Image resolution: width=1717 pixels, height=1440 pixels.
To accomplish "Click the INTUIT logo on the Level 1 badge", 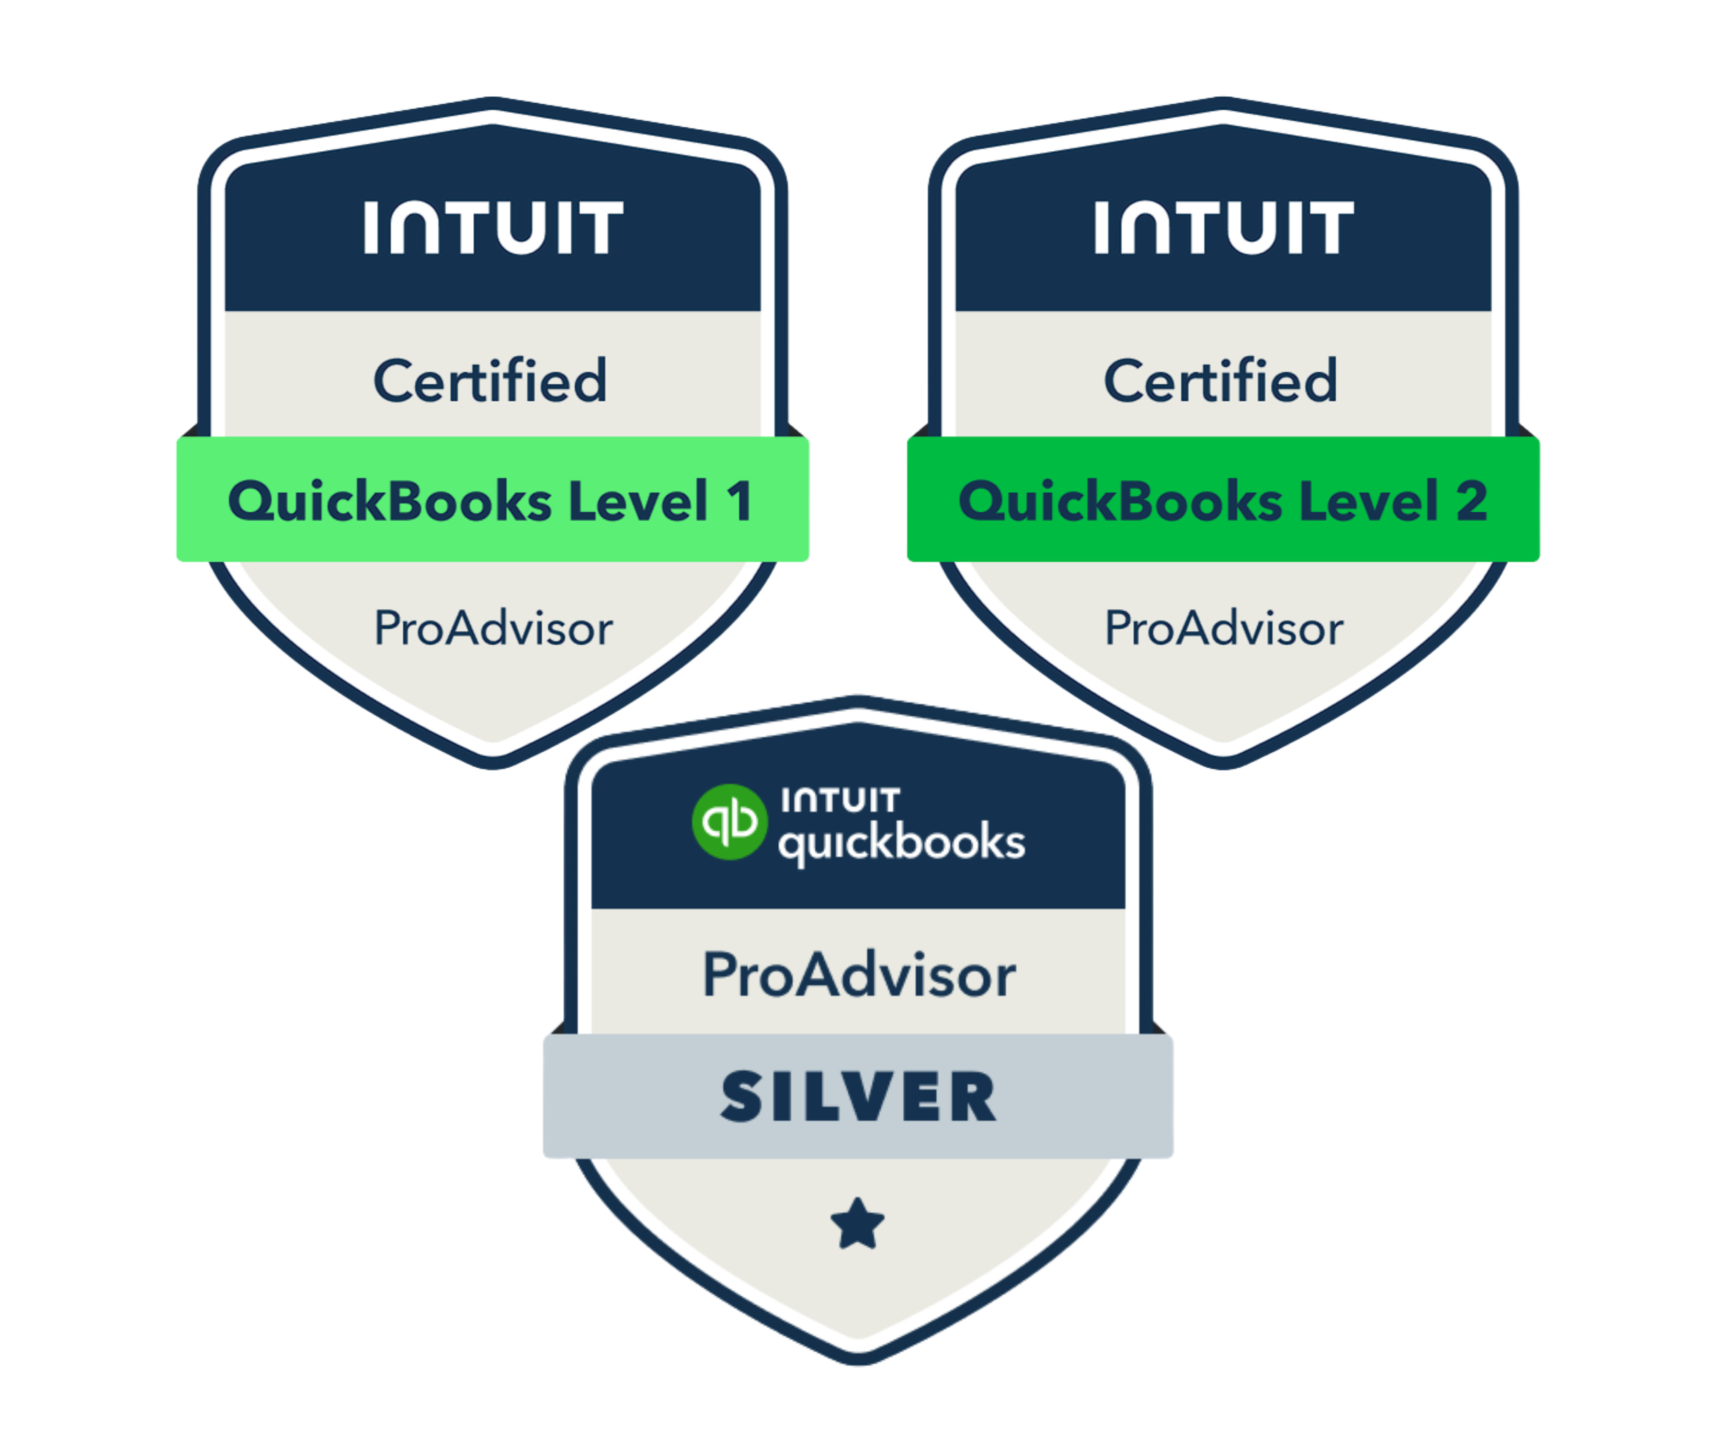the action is (493, 227).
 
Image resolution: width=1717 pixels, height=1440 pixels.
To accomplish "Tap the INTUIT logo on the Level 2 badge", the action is (1224, 227).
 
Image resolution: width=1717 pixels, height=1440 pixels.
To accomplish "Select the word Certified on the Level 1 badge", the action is (490, 381).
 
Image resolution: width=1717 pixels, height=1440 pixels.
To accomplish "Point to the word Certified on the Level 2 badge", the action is (1220, 381).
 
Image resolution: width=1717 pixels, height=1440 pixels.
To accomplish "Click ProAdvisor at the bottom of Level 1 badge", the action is (493, 628).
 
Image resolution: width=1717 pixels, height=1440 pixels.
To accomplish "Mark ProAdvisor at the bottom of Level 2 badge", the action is (1224, 628).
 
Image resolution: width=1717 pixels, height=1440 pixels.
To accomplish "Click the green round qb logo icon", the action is (729, 822).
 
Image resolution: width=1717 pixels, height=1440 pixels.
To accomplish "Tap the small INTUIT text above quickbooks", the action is (841, 800).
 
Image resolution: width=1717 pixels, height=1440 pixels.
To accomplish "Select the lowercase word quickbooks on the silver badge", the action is (901, 842).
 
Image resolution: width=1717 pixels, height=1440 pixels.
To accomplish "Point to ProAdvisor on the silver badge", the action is (858, 975).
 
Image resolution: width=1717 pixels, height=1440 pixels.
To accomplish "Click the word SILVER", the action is (858, 1096).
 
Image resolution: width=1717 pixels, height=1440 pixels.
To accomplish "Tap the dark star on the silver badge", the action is (858, 1224).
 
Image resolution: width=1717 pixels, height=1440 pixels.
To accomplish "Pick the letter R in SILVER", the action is (973, 1096).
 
